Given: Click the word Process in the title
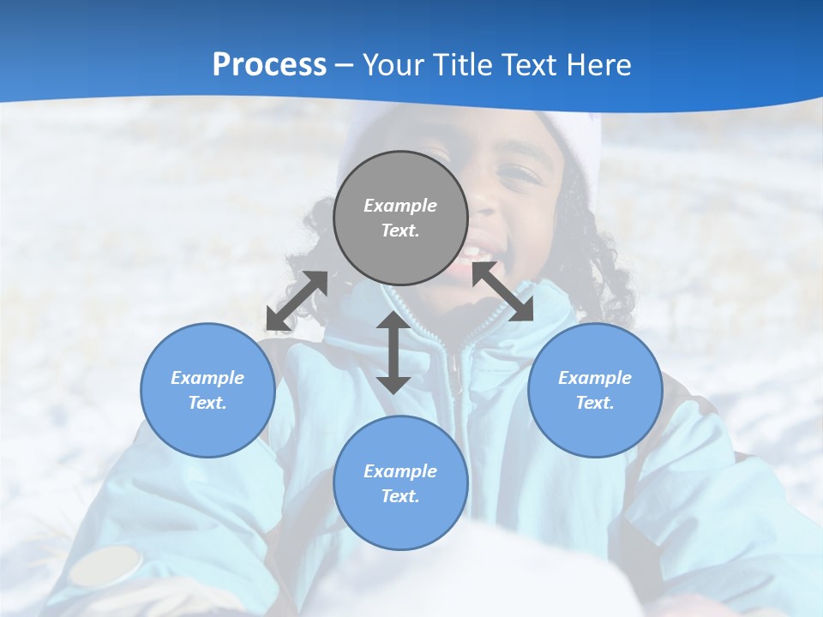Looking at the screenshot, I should coord(269,65).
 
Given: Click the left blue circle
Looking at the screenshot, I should coord(207,390).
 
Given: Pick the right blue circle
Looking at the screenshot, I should coord(595,390).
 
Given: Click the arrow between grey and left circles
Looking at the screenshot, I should coord(297,301).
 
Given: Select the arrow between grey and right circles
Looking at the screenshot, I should coord(502,291).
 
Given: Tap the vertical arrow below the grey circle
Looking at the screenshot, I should coord(393,353).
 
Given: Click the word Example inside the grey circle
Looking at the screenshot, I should coord(400,206).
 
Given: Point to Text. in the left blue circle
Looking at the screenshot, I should coord(207,403).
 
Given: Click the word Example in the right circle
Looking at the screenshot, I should coord(595,378).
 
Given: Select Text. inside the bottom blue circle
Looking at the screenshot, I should coord(400,496).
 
